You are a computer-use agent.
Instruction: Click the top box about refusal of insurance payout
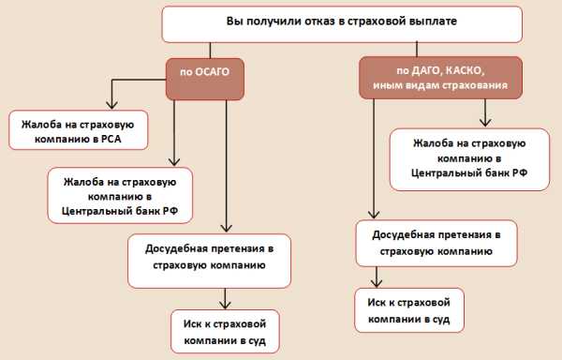[x=328, y=23]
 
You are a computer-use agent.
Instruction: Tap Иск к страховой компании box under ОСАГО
[x=225, y=332]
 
